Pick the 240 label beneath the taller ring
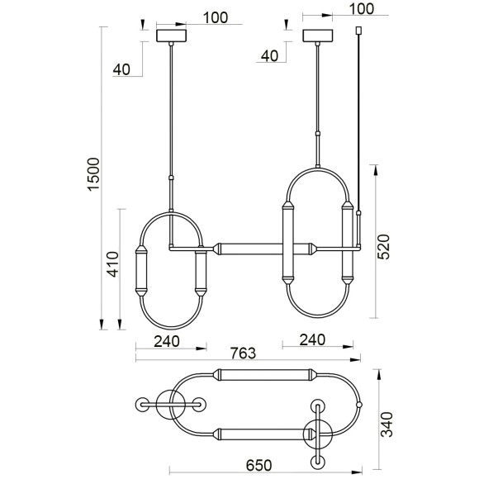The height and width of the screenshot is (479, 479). (x=312, y=339)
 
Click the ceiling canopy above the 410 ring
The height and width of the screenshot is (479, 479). (x=173, y=36)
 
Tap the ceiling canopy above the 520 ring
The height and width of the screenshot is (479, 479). (x=318, y=36)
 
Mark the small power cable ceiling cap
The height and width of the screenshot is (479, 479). (x=358, y=31)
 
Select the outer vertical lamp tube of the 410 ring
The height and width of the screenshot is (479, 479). (x=141, y=269)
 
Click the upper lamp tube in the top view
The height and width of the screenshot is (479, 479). (x=264, y=376)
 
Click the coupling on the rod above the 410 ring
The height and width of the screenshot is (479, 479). (x=171, y=177)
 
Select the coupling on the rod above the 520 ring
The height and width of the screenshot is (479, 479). (x=318, y=133)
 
